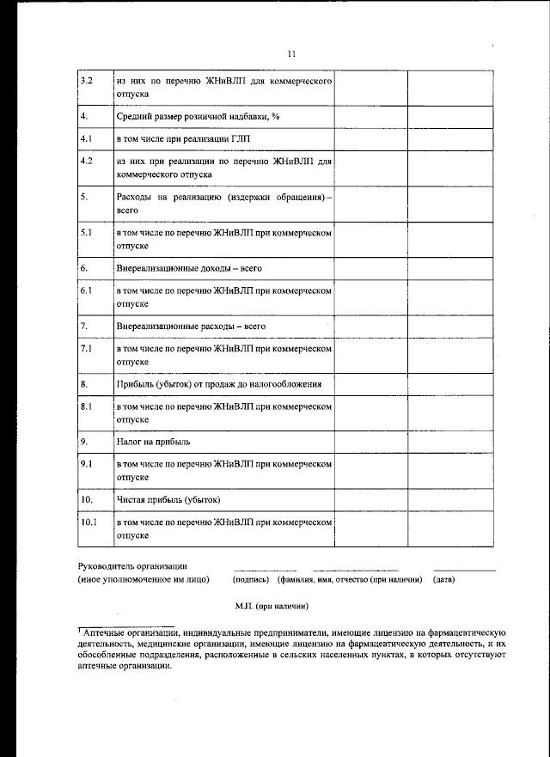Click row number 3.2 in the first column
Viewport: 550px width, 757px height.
pyautogui.click(x=86, y=82)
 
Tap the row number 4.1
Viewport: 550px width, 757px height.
pyautogui.click(x=86, y=137)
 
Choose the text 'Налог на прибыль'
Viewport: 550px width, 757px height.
pyautogui.click(x=153, y=442)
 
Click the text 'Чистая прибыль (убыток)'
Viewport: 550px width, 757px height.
pyautogui.click(x=168, y=499)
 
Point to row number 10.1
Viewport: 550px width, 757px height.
pyautogui.click(x=89, y=522)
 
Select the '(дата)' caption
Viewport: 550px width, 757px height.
pyautogui.click(x=444, y=579)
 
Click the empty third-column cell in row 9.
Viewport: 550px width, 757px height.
pyautogui.click(x=370, y=470)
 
